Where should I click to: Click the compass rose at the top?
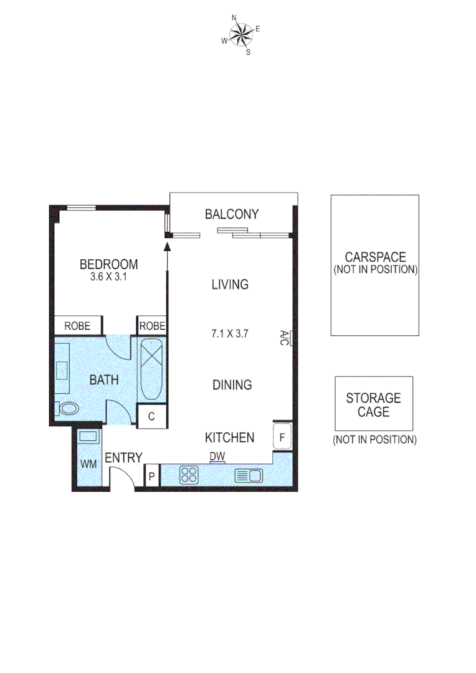click(240, 35)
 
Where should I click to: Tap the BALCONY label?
click(232, 214)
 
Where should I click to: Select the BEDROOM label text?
click(108, 265)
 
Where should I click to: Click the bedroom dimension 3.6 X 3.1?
click(108, 277)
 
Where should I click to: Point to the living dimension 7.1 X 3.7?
click(230, 333)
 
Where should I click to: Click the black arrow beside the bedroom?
click(168, 247)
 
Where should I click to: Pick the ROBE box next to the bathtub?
click(152, 325)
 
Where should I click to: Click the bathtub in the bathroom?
click(152, 370)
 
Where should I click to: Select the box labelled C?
click(151, 416)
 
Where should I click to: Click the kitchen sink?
click(249, 476)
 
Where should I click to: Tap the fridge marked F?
click(282, 437)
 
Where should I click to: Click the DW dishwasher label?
click(217, 457)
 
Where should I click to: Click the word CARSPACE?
click(375, 257)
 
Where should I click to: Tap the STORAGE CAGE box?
click(374, 404)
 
